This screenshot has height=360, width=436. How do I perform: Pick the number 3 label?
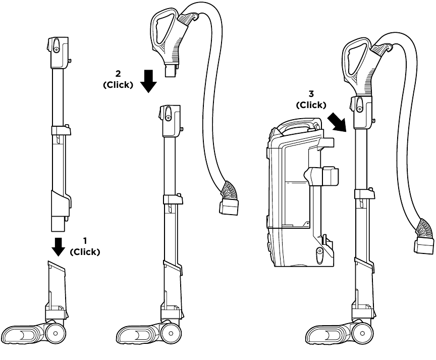click(311, 95)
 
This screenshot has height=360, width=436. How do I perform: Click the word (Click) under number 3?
click(311, 105)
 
